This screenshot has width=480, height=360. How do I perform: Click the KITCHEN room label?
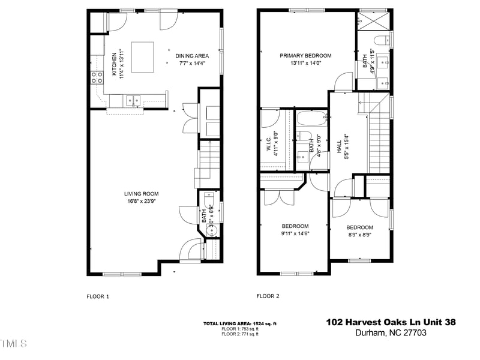(x=114, y=64)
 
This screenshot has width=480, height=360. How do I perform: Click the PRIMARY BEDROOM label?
(x=305, y=56)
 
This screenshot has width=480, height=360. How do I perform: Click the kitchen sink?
(x=133, y=100)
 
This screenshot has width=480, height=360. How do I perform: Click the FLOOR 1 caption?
(x=98, y=296)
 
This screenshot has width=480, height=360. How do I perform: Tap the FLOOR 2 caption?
(x=268, y=296)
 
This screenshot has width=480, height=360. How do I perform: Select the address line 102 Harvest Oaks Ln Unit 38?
(x=391, y=322)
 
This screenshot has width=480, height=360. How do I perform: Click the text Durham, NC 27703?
(x=391, y=333)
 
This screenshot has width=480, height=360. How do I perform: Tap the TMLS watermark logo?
(x=13, y=343)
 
